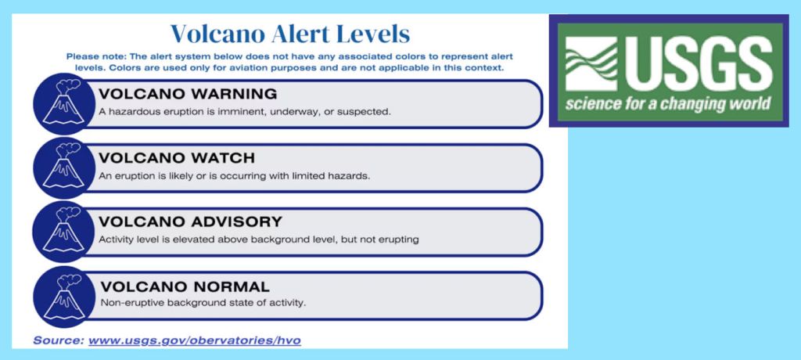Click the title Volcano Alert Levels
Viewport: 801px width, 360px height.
point(289,34)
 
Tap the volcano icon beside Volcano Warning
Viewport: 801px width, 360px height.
point(64,104)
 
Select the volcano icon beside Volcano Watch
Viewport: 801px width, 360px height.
point(64,167)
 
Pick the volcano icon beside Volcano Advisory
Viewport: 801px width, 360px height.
point(64,232)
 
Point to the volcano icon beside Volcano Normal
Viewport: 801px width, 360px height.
point(64,297)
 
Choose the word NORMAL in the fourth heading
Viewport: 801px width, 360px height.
point(227,286)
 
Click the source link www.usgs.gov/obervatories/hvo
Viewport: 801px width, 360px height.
point(195,340)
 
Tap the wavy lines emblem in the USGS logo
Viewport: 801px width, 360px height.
point(591,64)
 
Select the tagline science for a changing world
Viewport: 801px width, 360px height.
point(667,104)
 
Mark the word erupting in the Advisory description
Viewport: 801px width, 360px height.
point(400,239)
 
